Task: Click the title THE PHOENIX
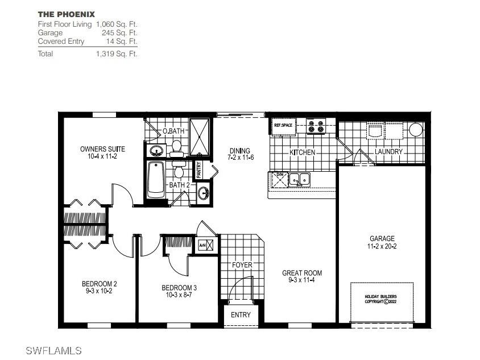click(x=67, y=14)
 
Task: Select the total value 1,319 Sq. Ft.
click(x=117, y=54)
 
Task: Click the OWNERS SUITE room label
click(x=102, y=152)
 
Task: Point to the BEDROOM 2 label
click(x=99, y=287)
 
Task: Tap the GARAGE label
click(x=382, y=242)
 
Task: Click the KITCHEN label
click(x=302, y=152)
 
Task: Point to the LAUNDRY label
click(x=388, y=152)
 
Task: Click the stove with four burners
click(x=316, y=126)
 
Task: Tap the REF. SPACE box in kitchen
click(x=284, y=126)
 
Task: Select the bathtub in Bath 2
click(x=156, y=180)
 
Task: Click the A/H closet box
click(x=206, y=246)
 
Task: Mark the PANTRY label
click(x=199, y=169)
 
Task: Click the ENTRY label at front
click(x=241, y=315)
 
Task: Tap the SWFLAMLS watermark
click(x=54, y=350)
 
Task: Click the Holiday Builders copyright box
click(x=380, y=299)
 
